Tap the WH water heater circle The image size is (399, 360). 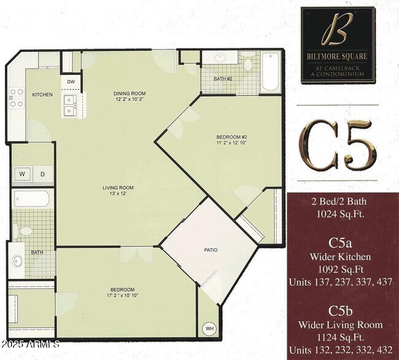pyautogui.click(x=210, y=327)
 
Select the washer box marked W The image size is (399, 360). pyautogui.click(x=22, y=174)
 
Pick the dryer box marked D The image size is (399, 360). pyautogui.click(x=42, y=174)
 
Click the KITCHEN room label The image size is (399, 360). pyautogui.click(x=42, y=95)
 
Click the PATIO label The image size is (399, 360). pyautogui.click(x=211, y=250)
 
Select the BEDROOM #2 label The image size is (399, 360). pyautogui.click(x=231, y=136)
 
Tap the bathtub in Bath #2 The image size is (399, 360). pyautogui.click(x=271, y=72)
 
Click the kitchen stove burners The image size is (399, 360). pyautogui.click(x=16, y=98)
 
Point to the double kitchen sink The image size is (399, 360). pyautogui.click(x=69, y=104)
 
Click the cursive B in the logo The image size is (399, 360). pyautogui.click(x=337, y=30)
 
